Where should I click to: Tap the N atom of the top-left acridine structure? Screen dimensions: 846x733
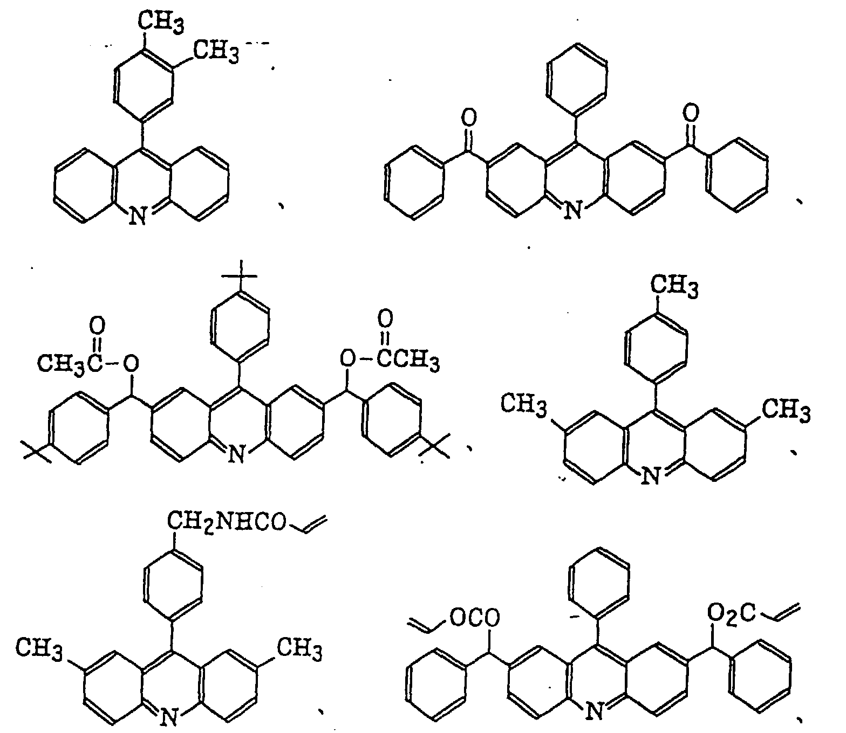click(x=139, y=217)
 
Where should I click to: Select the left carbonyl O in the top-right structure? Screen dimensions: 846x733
click(x=469, y=116)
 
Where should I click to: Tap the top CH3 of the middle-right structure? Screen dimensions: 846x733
click(x=674, y=286)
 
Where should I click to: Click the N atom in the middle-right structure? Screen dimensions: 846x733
click(x=652, y=476)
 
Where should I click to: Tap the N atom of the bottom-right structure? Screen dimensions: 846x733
click(x=595, y=711)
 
